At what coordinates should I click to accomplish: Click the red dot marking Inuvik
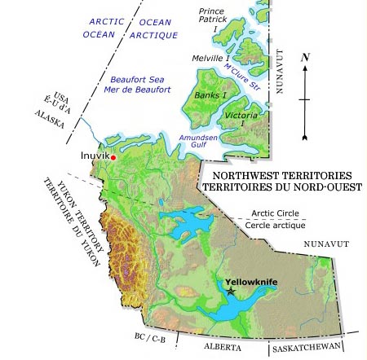(x=113, y=156)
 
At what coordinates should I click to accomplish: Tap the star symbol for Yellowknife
(x=232, y=291)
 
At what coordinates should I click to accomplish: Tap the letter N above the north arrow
(x=304, y=58)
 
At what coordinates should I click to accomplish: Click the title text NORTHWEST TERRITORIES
(x=281, y=175)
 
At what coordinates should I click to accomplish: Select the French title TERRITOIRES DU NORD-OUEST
(x=281, y=187)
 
